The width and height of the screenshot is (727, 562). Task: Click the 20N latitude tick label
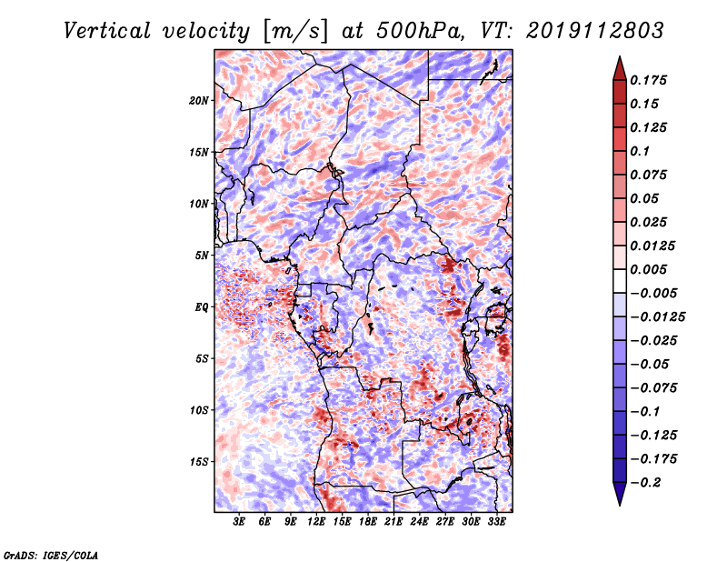point(200,100)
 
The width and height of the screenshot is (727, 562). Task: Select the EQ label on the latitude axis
point(203,306)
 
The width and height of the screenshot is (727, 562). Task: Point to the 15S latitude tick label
point(200,461)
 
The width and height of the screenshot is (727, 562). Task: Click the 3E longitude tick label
point(240,522)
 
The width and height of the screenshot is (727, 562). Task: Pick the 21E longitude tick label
point(393,522)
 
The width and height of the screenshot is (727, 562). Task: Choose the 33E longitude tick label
point(496,522)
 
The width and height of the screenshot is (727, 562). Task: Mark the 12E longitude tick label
point(316,522)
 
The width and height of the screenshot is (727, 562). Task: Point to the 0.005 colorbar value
point(652,269)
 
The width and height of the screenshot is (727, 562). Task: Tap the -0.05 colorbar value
point(652,364)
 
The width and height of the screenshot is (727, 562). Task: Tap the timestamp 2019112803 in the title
point(581,30)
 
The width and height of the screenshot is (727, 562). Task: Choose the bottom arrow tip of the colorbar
point(619,503)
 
